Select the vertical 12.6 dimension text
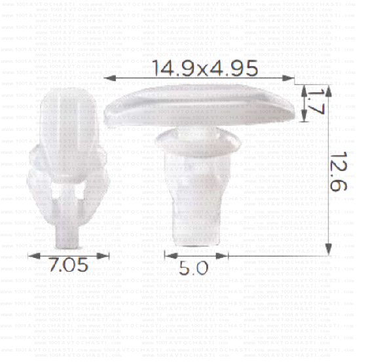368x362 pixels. tap(338, 172)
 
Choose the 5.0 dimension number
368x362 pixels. tap(194, 268)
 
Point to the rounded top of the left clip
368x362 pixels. tap(67, 98)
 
